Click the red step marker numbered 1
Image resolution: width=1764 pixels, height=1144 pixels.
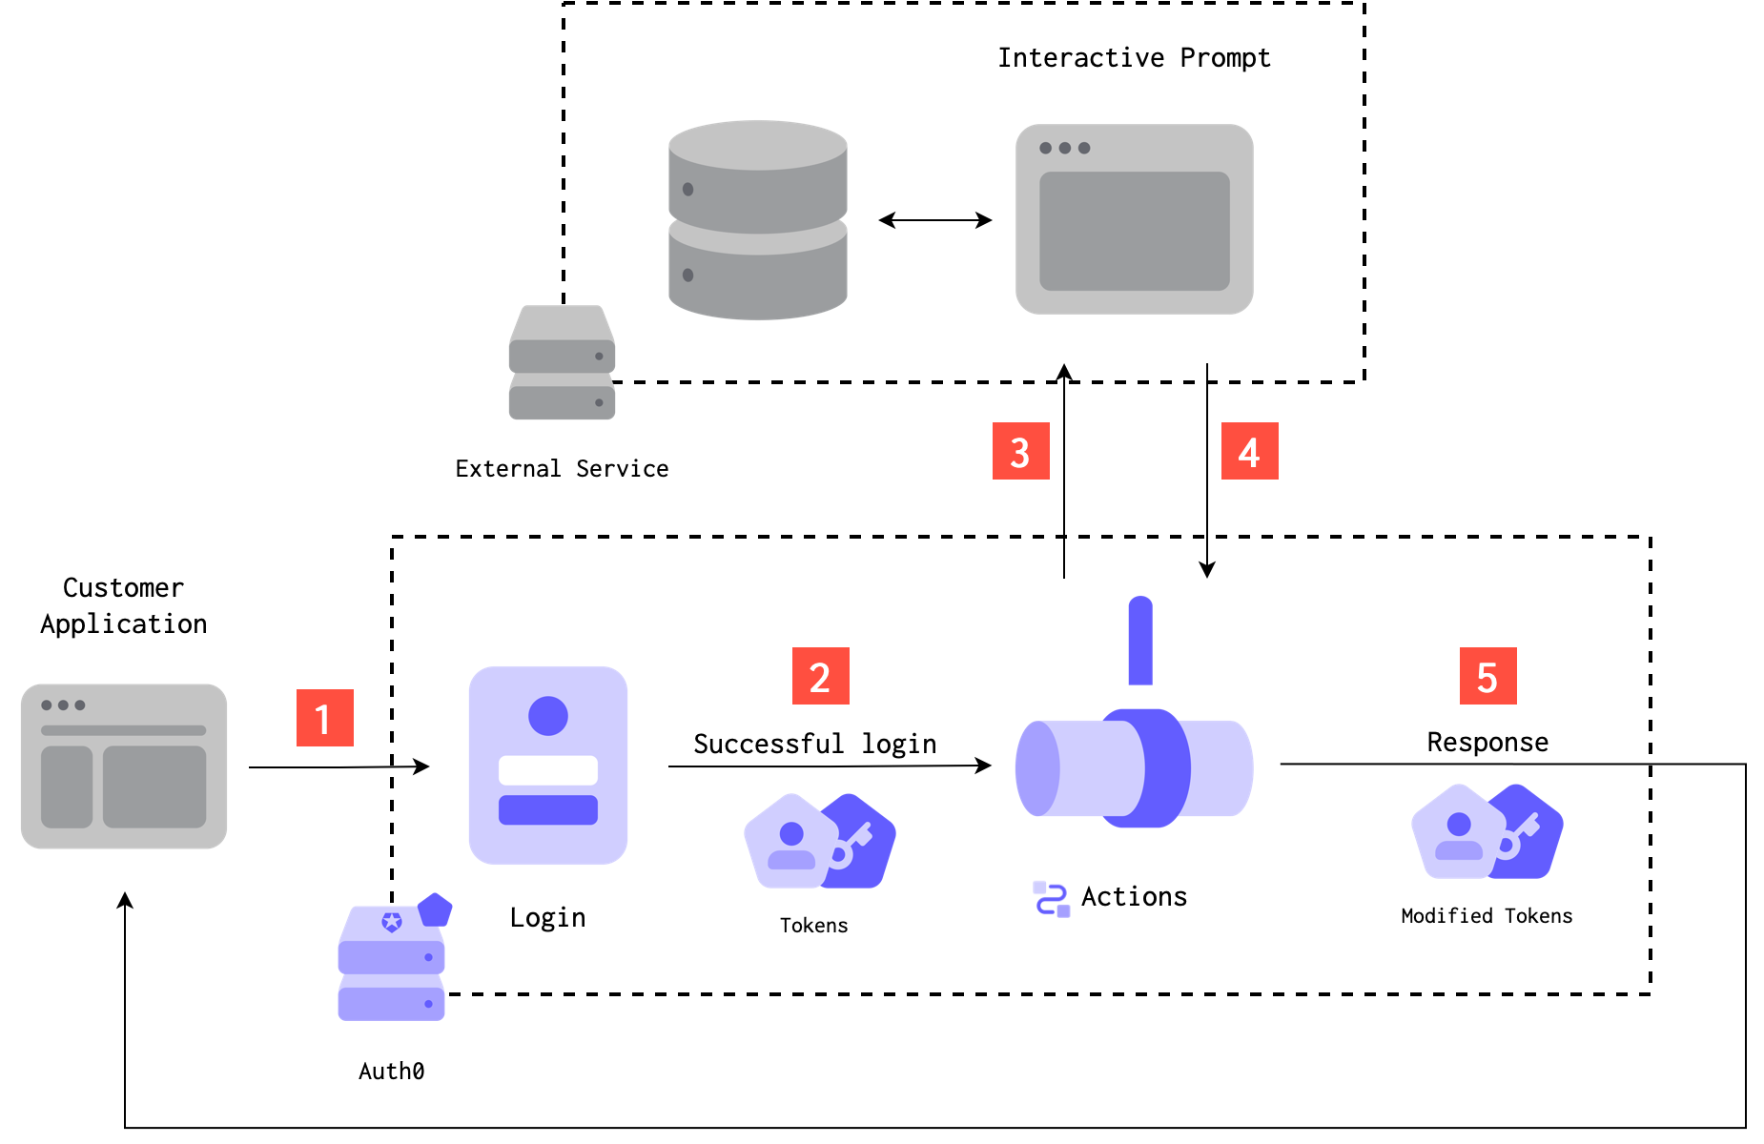(324, 718)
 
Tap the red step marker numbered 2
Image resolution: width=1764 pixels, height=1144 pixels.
(820, 676)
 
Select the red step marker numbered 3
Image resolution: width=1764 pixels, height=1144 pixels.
(1020, 451)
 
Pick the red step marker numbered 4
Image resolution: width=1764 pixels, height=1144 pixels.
(1249, 451)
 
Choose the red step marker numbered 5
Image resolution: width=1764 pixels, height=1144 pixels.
(1487, 676)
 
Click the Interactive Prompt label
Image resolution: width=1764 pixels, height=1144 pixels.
(1134, 58)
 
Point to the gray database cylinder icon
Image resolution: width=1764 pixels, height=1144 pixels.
(758, 220)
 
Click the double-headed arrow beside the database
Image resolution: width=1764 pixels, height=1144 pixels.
(934, 220)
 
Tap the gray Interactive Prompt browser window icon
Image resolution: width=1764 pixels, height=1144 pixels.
(1134, 219)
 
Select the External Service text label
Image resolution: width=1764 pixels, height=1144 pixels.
(562, 469)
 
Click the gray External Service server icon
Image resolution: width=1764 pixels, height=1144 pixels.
(562, 363)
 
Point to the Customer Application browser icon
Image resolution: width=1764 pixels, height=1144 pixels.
(124, 766)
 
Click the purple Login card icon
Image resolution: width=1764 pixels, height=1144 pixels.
(548, 766)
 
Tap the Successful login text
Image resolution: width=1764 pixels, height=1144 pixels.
(814, 744)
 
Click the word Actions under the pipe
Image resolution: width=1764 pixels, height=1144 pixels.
(1134, 897)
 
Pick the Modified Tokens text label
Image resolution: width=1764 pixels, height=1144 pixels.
(1487, 916)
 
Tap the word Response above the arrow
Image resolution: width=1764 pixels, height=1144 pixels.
(1487, 743)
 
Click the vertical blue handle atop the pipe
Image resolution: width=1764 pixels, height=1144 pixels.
(1140, 642)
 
